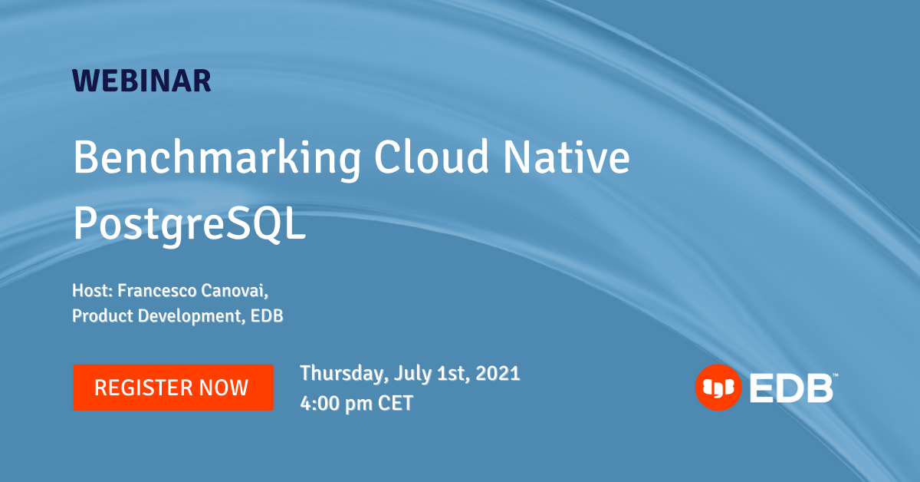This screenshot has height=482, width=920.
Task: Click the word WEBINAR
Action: click(x=142, y=81)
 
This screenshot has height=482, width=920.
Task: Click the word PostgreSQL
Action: click(x=189, y=222)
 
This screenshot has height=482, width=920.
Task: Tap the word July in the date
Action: click(x=410, y=374)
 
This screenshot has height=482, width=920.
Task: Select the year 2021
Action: click(x=498, y=374)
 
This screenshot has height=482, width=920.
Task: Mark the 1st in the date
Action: click(x=451, y=374)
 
